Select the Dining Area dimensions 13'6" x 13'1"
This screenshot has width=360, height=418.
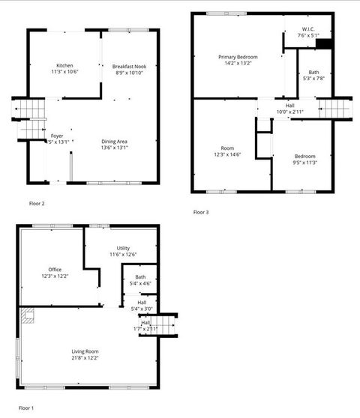tap(115, 148)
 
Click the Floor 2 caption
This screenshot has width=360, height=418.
tap(37, 203)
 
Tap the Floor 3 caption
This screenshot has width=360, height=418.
tap(201, 212)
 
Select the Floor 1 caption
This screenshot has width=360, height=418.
tap(26, 408)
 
